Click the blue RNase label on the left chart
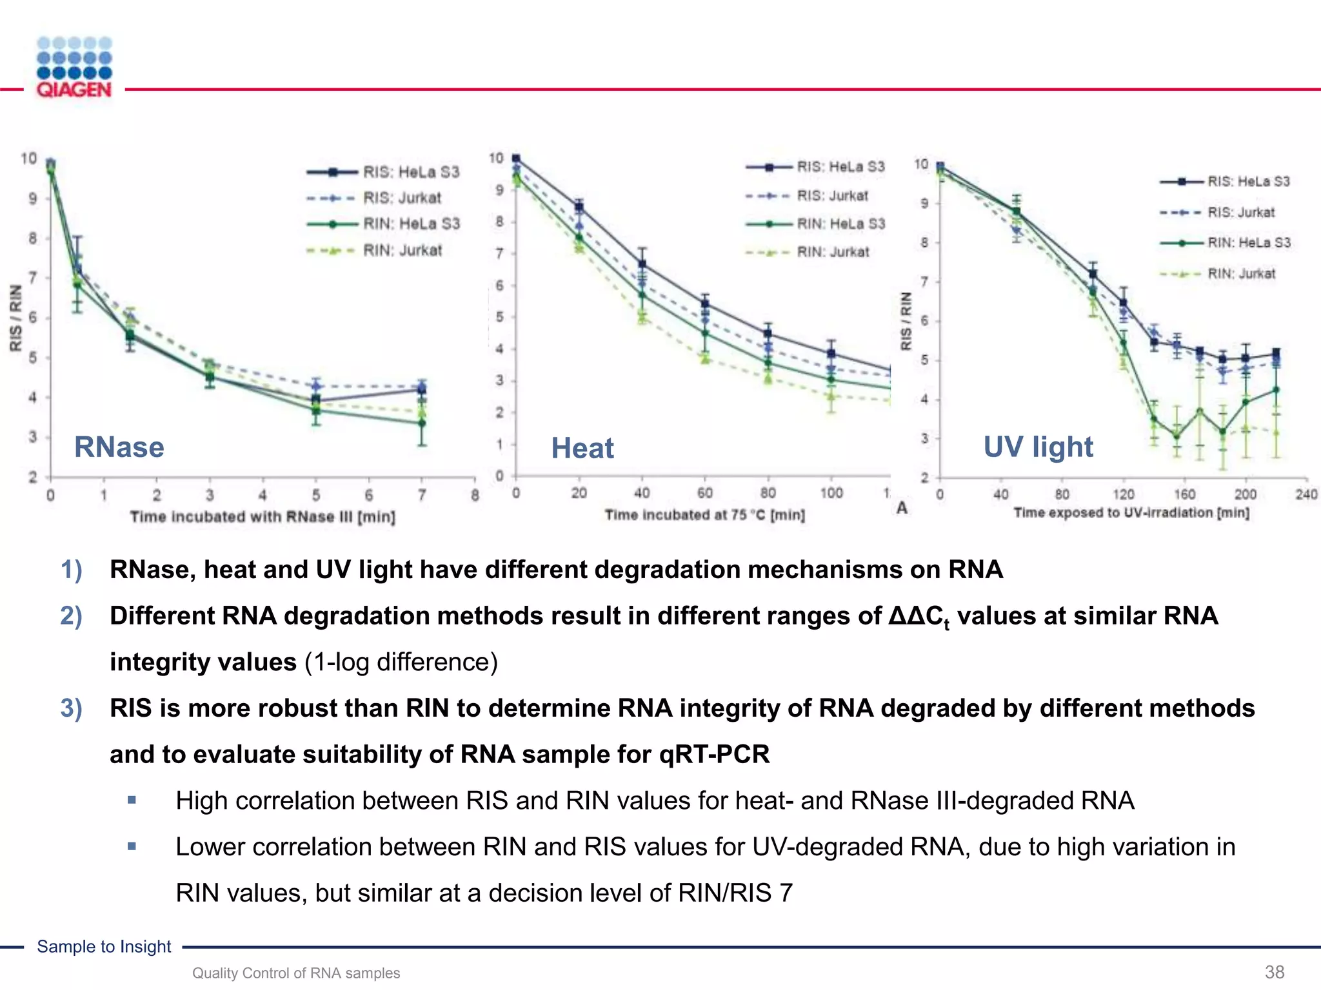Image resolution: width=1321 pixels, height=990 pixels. pos(119,447)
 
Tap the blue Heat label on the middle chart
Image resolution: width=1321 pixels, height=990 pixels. pos(582,448)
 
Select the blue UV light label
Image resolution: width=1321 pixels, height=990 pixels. pos(1038,447)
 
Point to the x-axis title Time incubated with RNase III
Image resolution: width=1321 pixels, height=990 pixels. pos(263,517)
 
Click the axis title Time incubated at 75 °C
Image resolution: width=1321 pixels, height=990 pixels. pos(704,515)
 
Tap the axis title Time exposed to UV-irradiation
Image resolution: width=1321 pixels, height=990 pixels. pos(1131,513)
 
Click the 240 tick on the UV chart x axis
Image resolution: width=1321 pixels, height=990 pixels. pos(1306,494)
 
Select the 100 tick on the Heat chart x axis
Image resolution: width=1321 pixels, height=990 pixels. pos(831,493)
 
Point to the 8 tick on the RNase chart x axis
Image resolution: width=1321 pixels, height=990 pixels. pos(475,495)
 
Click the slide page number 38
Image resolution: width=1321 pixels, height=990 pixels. pos(1275,972)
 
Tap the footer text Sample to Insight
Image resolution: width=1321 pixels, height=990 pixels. pos(104,946)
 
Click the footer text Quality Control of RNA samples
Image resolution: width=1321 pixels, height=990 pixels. pos(296,973)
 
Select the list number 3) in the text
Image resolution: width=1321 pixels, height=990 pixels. pos(72,708)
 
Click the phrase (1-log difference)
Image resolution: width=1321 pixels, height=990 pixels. pos(401,662)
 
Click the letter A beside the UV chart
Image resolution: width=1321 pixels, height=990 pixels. pos(902,508)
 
